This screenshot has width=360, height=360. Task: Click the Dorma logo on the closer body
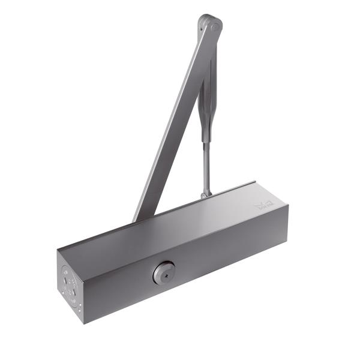tap(263, 205)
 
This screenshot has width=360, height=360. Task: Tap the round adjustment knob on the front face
tap(162, 274)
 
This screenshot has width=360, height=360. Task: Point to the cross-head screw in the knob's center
tap(162, 274)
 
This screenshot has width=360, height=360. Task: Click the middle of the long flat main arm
tap(174, 120)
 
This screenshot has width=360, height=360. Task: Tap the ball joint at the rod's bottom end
tap(206, 193)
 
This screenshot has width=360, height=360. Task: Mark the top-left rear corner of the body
tap(60, 248)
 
